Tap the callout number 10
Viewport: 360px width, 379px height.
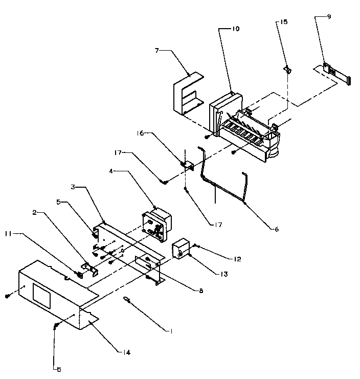point(235,29)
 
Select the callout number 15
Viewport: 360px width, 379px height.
point(285,23)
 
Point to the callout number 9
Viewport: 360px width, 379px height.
point(329,17)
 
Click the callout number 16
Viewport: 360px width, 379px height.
point(141,133)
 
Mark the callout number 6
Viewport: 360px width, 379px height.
point(276,230)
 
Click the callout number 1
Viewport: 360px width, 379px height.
point(172,331)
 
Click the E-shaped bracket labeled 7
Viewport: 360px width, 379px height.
point(187,94)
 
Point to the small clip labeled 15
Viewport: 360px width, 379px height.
point(287,69)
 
